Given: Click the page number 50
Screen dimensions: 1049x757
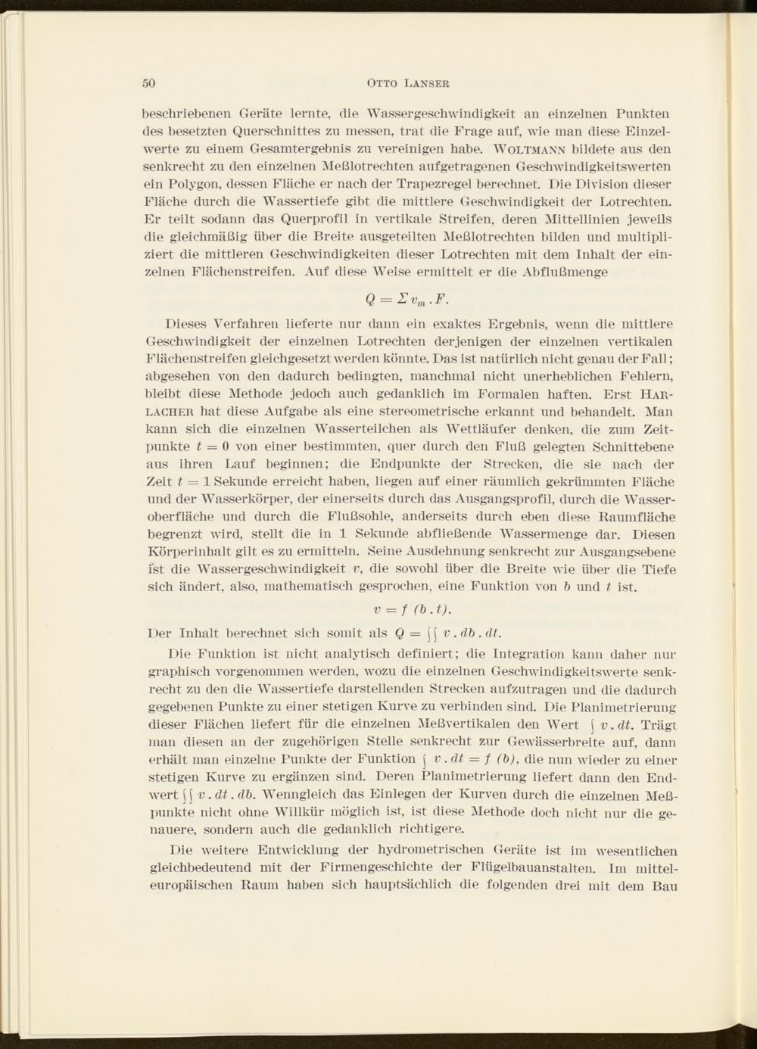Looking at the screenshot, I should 149,83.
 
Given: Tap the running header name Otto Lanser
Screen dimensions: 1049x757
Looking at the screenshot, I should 408,83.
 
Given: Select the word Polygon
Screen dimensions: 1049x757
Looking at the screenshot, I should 190,185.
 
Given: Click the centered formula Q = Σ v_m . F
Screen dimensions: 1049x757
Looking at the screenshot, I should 408,298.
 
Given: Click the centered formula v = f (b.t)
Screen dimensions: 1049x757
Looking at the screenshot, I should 413,610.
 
